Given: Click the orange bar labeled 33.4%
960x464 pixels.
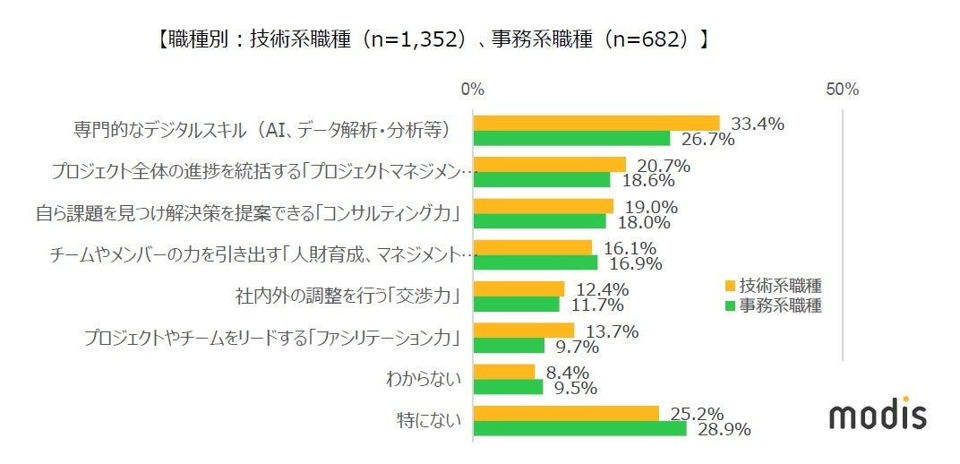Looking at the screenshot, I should (x=596, y=124).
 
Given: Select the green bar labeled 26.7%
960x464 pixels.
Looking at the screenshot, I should (x=571, y=138).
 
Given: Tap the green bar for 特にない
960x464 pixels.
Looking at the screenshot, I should (x=579, y=428).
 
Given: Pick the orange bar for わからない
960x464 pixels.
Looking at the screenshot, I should (x=503, y=372).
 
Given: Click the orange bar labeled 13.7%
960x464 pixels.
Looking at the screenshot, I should (x=523, y=331).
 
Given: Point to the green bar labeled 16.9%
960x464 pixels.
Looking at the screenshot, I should (x=535, y=262).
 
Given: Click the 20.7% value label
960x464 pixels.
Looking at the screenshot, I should (x=665, y=166).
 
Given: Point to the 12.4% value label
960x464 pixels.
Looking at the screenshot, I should (x=604, y=289).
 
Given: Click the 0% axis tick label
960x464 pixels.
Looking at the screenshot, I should (x=472, y=90).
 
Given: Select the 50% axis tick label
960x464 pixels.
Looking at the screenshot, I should (x=842, y=90).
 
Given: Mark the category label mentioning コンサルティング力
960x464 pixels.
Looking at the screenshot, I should (x=248, y=213).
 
